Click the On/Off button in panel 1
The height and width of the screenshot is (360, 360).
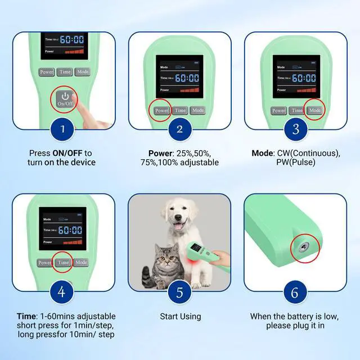[65, 98]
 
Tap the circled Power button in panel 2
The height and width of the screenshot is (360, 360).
[161, 111]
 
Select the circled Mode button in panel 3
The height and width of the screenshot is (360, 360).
[315, 110]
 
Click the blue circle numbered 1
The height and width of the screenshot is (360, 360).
[62, 129]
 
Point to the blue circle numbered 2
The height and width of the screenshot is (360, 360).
[179, 129]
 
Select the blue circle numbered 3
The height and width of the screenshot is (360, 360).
[296, 129]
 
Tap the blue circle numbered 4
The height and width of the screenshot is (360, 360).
[62, 292]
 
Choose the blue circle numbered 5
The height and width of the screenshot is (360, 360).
[179, 292]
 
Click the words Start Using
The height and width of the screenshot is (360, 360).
[179, 317]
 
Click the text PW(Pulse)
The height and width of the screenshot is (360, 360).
[296, 163]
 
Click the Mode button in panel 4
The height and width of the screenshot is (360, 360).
[82, 263]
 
